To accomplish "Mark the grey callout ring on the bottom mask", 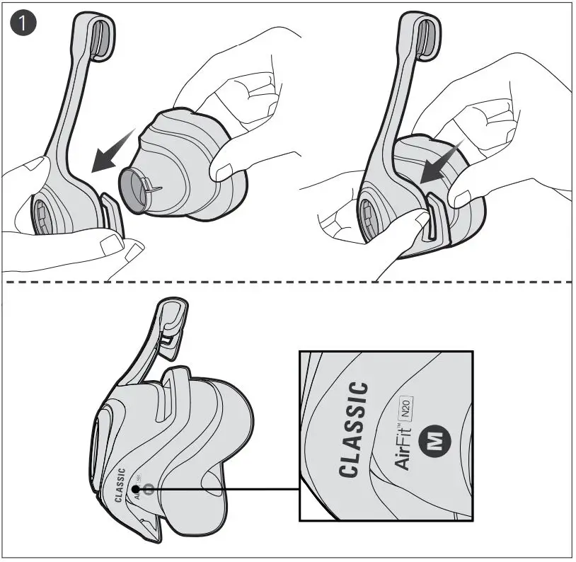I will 148,488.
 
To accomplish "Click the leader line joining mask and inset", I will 226,488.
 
